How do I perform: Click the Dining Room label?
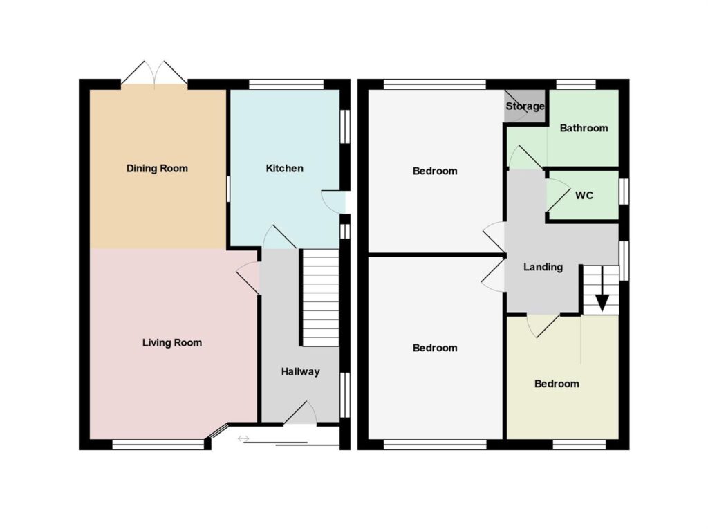pos(157,169)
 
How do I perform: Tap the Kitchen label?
pos(284,169)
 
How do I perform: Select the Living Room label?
pos(172,343)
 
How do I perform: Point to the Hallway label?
pos(300,372)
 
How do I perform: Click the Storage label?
pos(525,106)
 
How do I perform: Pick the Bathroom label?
pos(584,129)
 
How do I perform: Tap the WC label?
pos(584,196)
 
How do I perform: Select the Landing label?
pos(543,268)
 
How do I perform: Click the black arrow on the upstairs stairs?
pos(602,303)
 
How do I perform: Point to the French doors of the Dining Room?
pos(154,73)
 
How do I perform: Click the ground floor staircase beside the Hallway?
pos(320,298)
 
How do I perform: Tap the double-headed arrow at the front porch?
pos(243,438)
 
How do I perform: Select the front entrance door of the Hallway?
pos(301,413)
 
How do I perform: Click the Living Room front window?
pos(158,445)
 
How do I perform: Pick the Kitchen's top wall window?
pos(286,84)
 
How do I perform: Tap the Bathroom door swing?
pos(525,157)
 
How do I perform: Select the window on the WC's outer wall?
pos(624,192)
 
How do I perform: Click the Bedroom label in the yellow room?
pos(557,384)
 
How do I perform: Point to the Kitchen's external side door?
pos(333,202)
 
